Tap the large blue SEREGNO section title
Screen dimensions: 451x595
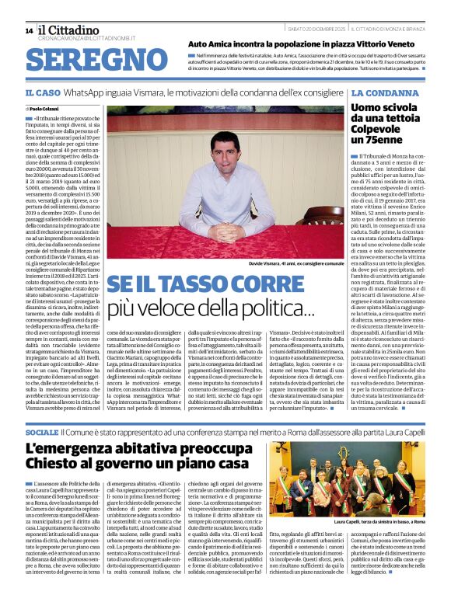(x=96, y=59)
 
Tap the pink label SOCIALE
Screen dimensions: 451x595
(x=41, y=431)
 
